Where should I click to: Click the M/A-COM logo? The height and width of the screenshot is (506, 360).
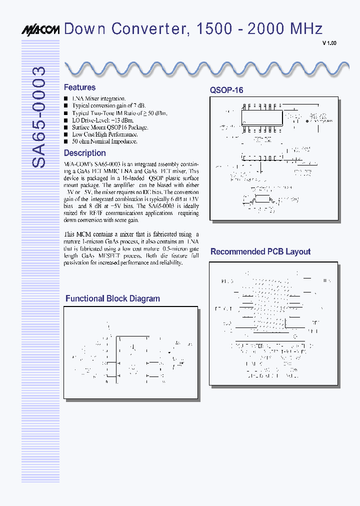[x=40, y=30]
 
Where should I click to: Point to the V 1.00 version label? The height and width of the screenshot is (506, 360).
[x=329, y=43]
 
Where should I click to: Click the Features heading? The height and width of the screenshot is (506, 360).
[x=79, y=87]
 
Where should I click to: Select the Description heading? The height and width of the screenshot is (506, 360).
[x=84, y=153]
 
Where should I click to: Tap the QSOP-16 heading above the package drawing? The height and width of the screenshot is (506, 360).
[x=226, y=90]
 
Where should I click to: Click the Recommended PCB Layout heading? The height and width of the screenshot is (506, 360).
[x=260, y=251]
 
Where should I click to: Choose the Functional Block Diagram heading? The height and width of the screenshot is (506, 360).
[x=112, y=298]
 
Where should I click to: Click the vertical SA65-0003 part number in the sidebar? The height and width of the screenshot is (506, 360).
[x=39, y=117]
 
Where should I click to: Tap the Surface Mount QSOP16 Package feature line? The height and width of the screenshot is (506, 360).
[x=110, y=127]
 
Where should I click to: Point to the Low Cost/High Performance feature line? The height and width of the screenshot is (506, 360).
[x=104, y=134]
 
